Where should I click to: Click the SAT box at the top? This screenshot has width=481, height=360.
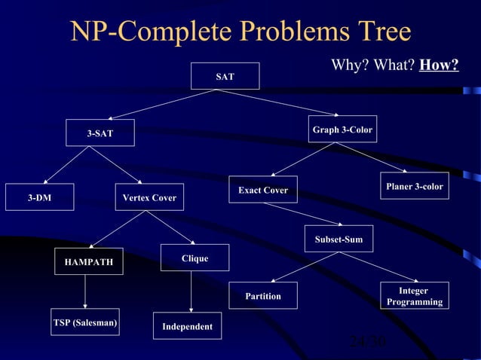click(225, 76)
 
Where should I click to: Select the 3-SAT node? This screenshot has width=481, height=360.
click(100, 133)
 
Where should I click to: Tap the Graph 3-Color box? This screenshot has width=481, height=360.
click(342, 130)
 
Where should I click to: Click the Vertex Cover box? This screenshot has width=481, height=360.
click(149, 197)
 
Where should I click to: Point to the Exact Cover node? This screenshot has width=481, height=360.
click(262, 190)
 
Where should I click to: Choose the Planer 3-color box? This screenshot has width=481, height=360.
click(414, 186)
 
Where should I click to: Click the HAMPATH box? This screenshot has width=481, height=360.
click(89, 261)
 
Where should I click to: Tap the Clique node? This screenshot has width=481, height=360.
click(195, 258)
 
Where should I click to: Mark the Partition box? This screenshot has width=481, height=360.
click(262, 296)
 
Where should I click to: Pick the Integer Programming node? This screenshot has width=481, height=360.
click(414, 295)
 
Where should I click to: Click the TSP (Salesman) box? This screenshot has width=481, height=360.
click(85, 322)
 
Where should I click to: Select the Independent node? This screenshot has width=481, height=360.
click(187, 326)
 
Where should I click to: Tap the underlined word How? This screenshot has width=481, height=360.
click(439, 66)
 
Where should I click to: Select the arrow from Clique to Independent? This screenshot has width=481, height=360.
click(191, 291)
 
